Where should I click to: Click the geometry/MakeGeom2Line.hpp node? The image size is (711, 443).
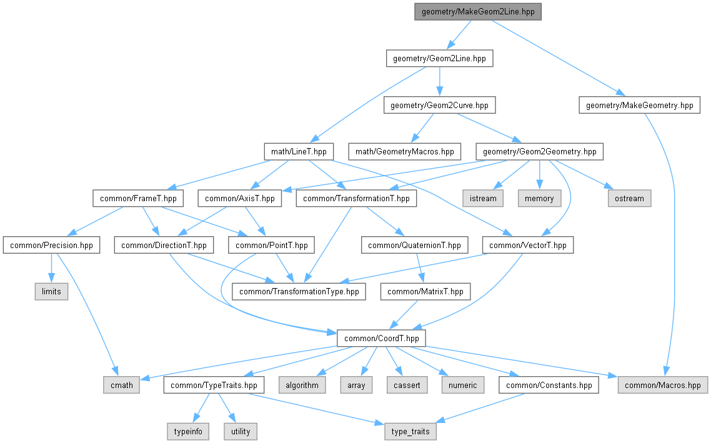478,12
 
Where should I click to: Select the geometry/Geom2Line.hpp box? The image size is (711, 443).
440,59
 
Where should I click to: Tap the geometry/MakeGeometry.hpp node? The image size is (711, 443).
639,106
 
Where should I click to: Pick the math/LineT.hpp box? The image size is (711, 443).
299,152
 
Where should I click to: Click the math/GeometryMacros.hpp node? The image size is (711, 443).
405,152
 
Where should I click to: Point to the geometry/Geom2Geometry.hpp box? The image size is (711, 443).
540,152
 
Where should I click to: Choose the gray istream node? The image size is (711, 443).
483,198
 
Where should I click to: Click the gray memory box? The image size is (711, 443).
539,198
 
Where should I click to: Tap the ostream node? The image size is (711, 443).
629,198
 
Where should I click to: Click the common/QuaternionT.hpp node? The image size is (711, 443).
414,245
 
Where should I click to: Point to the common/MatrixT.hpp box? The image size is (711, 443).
425,292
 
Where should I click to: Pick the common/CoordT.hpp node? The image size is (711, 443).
381,339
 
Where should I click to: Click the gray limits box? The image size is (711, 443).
51,292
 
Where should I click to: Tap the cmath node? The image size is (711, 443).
122,385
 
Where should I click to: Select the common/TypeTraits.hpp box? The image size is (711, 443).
214,385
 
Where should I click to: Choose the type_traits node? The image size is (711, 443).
410,431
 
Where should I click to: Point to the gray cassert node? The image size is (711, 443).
407,385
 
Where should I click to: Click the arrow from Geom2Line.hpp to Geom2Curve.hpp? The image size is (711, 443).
440,82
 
